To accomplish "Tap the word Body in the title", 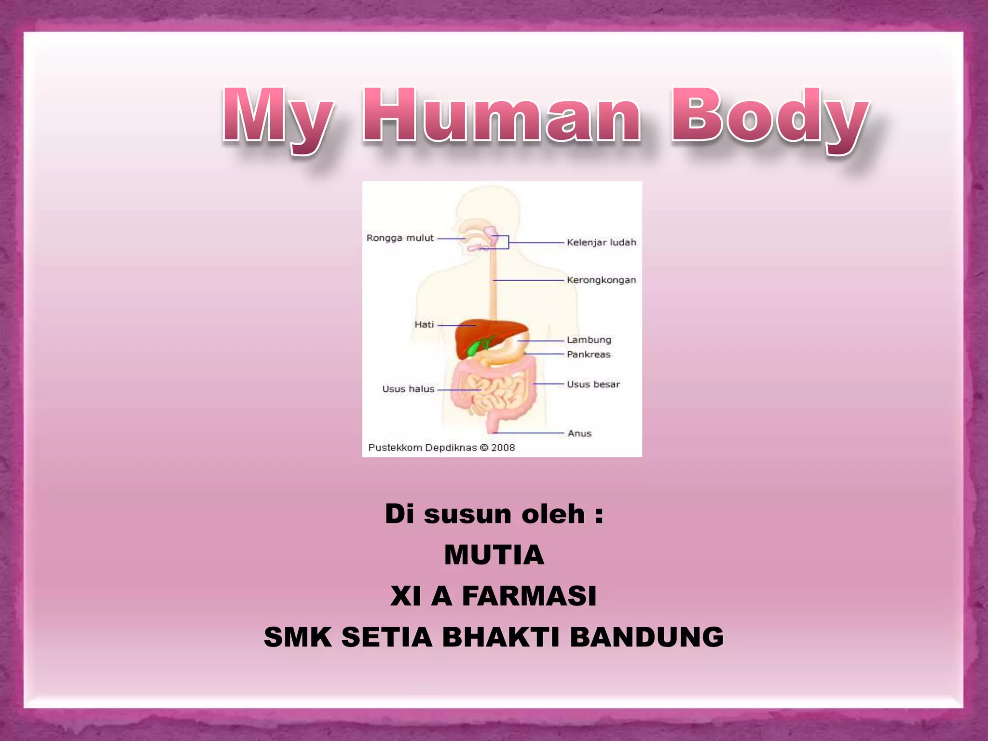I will [769, 118].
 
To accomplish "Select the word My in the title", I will [277, 118].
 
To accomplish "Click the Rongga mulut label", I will [400, 238].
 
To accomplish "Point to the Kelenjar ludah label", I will [601, 242].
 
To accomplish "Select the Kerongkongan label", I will [601, 280].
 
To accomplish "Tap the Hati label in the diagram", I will [424, 325].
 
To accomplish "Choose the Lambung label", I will [589, 340].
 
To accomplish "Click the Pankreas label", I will [589, 354].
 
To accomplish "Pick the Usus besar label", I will [593, 384].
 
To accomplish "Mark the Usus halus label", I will [408, 389].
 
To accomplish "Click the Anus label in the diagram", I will [579, 433].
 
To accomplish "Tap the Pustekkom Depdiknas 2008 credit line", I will [441, 448].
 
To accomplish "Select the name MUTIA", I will [494, 555].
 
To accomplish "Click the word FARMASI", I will [529, 596].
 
